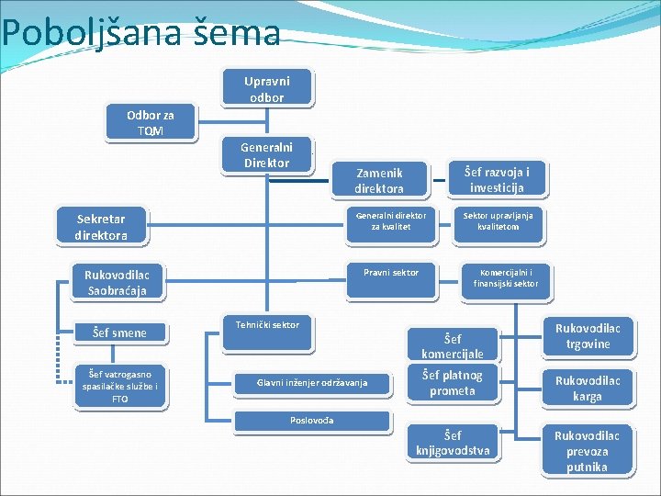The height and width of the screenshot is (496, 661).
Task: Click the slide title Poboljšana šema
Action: coord(140,33)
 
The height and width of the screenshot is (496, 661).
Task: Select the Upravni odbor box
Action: coord(266,88)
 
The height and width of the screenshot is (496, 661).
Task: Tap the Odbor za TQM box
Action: coord(151,123)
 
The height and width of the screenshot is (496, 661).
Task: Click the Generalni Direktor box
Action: coord(265,154)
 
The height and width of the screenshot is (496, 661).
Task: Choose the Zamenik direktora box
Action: coord(379,180)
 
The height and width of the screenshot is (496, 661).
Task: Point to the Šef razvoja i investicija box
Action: coord(497,179)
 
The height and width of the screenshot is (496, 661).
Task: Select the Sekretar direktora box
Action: coord(101,227)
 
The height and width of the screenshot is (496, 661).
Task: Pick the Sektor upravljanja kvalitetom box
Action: coord(498,221)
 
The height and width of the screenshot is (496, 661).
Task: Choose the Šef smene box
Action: coord(122,333)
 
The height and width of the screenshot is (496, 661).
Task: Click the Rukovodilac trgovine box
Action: coord(588,336)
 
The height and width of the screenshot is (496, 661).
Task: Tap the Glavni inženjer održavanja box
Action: coord(298,382)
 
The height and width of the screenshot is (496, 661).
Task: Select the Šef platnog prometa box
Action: coord(453,383)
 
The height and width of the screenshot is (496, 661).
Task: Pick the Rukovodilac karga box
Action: coord(588,389)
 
